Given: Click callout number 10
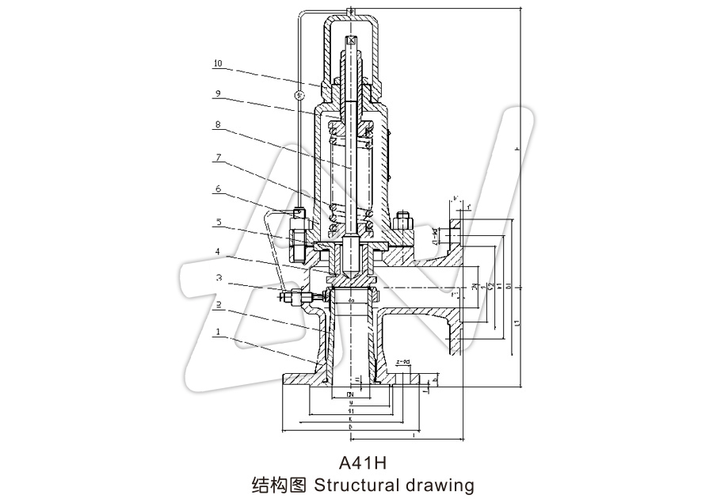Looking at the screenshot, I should pyautogui.click(x=217, y=62).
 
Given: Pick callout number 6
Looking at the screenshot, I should pyautogui.click(x=217, y=189).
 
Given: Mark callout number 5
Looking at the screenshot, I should pyautogui.click(x=217, y=223).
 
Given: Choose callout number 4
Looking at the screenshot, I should pyautogui.click(x=217, y=252).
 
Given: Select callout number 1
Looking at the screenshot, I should pyautogui.click(x=217, y=333).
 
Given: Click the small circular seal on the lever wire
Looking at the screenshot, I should pyautogui.click(x=299, y=96).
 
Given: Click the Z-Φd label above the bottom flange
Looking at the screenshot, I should pyautogui.click(x=402, y=361).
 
